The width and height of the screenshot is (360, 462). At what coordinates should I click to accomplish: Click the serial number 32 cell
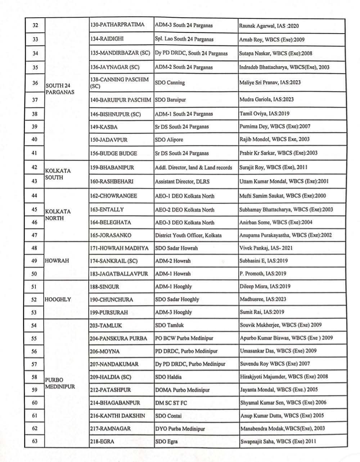point(35,26)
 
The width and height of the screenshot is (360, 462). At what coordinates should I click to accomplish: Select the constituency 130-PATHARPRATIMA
point(117,25)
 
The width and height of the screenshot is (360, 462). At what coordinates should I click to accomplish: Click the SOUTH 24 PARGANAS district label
point(60,89)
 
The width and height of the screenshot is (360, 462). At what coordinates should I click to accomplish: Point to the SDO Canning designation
point(170,83)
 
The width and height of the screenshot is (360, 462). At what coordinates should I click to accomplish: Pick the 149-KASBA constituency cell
point(104,127)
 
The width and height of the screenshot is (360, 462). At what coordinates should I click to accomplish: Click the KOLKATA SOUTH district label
point(58,174)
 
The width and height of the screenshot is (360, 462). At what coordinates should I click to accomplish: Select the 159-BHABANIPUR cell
point(112,168)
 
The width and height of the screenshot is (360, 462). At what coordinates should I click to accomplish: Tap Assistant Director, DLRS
point(182,182)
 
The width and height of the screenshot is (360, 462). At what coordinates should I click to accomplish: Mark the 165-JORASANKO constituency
point(111,235)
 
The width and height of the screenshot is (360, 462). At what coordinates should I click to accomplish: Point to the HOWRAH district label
point(57,261)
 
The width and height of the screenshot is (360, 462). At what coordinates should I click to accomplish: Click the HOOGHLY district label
point(58,299)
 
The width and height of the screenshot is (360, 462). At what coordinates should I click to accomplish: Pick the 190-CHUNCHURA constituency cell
point(111,299)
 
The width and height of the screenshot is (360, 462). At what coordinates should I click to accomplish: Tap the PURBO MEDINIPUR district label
point(60,383)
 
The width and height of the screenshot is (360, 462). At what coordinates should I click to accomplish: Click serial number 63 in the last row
point(35,441)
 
